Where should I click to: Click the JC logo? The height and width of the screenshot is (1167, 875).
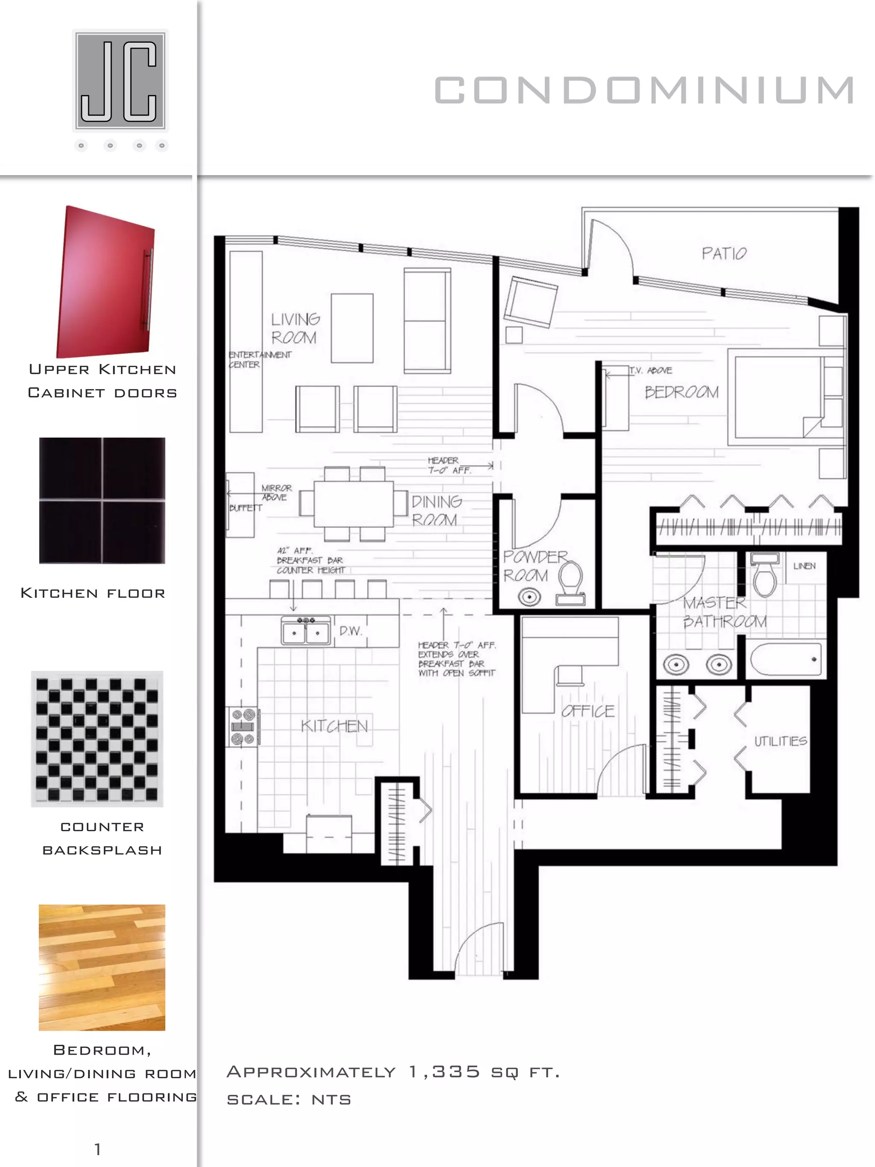[x=120, y=80]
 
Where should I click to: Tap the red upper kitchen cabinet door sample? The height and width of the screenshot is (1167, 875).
[x=106, y=282]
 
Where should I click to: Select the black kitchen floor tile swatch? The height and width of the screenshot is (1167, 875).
[x=102, y=500]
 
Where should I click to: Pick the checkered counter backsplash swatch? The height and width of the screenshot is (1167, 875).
[x=97, y=738]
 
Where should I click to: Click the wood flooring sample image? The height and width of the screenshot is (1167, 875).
[x=102, y=967]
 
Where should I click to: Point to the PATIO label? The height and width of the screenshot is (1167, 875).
[x=724, y=254]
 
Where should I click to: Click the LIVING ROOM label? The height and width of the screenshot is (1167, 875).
[x=294, y=328]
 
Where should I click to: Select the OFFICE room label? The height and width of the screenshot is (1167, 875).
[x=587, y=711]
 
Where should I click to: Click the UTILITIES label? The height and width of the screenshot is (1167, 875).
[x=781, y=741]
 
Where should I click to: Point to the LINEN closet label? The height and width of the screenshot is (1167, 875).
[x=805, y=566]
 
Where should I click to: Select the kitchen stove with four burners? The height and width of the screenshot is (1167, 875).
[x=243, y=726]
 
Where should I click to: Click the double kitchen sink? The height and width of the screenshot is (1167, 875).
[x=306, y=631]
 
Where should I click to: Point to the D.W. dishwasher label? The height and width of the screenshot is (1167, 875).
[x=350, y=631]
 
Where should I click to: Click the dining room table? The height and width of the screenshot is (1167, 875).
[x=353, y=504]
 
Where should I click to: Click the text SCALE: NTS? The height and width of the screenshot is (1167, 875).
[x=289, y=1099]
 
